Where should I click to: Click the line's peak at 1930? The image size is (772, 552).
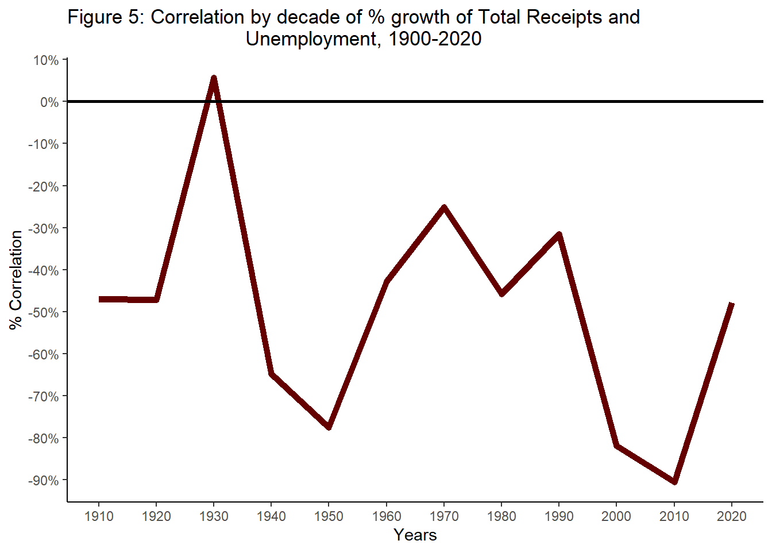pos(214,78)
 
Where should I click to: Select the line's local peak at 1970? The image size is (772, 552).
pos(444,206)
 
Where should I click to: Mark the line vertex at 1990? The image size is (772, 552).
pos(559,234)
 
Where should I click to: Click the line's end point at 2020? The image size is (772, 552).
pos(731,304)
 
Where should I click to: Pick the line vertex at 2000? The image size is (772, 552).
pos(616,446)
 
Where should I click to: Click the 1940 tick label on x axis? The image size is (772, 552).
pos(271,516)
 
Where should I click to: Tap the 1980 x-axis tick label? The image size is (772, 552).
pos(501,516)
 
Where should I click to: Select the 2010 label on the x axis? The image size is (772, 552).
pos(674,516)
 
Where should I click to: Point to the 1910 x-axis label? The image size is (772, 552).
pos(99,516)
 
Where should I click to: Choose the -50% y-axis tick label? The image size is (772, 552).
pos(44,312)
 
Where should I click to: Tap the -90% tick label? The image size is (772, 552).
pos(44,481)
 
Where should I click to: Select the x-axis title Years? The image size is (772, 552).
pos(415,535)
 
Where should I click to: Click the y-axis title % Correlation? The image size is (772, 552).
pos(16,280)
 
